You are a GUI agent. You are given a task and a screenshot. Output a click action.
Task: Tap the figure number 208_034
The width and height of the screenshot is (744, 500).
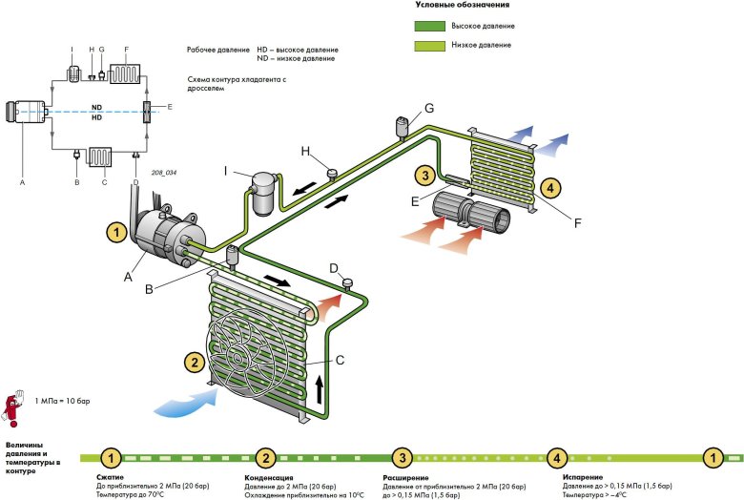coord(164,173)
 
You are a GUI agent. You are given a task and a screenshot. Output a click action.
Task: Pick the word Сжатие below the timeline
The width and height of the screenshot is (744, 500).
coord(111,477)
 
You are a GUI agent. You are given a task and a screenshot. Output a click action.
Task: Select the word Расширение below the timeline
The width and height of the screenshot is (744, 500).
coord(405,477)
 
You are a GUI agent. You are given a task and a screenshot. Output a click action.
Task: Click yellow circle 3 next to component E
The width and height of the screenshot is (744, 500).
coord(424,175)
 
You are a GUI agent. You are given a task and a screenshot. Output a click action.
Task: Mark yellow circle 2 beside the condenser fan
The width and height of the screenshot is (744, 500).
coord(195,363)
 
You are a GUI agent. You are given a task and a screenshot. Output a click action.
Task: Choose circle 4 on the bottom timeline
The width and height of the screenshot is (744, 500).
coord(556,457)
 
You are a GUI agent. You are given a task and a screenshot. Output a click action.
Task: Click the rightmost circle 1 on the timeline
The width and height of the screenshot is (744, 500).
coord(711,457)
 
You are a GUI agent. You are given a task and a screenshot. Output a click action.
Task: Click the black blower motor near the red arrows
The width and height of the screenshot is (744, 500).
coord(473,212)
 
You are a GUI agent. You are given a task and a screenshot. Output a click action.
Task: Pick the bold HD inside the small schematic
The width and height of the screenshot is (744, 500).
coord(96,117)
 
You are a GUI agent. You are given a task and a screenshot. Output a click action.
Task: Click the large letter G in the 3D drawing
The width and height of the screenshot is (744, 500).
coord(429,107)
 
